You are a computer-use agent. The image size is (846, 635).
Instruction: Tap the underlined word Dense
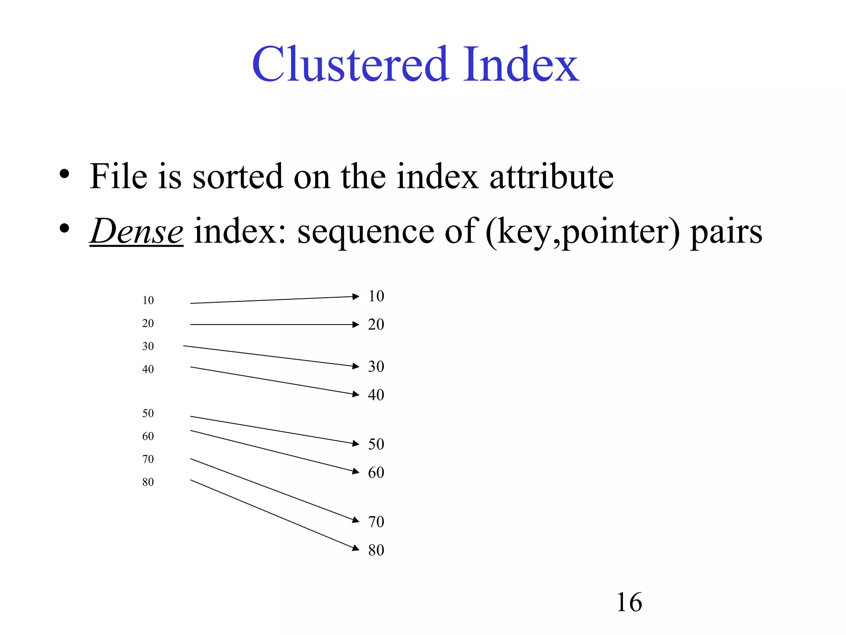tap(136, 231)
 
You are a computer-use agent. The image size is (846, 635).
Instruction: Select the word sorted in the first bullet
tap(238, 177)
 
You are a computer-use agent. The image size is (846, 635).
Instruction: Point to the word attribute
tap(551, 177)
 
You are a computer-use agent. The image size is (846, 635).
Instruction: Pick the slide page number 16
tap(629, 602)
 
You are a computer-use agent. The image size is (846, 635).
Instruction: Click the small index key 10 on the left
tap(148, 300)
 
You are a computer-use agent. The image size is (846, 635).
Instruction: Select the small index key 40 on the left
tap(148, 369)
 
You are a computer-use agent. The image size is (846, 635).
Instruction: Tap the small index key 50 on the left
tap(148, 413)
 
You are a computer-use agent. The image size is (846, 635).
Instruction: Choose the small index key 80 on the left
tap(148, 482)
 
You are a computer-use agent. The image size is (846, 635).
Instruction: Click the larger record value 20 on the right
tap(376, 325)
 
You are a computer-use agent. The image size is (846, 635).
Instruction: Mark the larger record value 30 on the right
tap(376, 366)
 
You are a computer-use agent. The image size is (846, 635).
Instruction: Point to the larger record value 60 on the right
tap(376, 473)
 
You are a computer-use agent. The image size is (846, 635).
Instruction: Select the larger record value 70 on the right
tap(376, 522)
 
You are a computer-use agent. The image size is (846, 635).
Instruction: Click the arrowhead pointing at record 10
tap(356, 296)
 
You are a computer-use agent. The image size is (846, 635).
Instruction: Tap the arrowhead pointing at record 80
tap(356, 548)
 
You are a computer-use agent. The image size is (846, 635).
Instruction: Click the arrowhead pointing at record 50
tap(356, 444)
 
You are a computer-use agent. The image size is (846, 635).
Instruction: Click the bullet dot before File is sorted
tap(64, 174)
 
